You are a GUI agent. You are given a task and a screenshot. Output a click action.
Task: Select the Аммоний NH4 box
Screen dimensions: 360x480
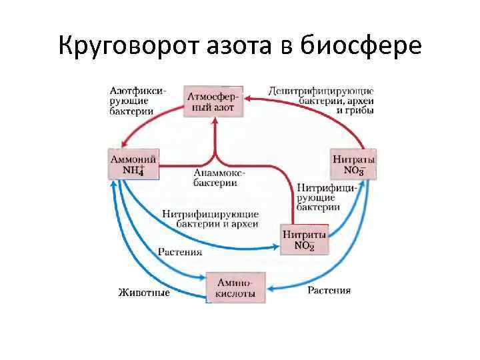(133, 164)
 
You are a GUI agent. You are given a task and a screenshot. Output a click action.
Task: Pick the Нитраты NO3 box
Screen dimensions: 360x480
(353, 164)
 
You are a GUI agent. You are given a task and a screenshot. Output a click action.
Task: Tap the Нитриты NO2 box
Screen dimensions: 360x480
(305, 240)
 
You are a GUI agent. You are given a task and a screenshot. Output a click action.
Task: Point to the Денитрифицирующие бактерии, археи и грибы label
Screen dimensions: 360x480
(321, 100)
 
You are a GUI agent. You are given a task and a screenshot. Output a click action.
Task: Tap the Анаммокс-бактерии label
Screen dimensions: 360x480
(216, 178)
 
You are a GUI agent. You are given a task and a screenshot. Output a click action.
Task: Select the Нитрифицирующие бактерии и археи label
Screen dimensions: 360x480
(210, 219)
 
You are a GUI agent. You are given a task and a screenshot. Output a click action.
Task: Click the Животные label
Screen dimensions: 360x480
(144, 292)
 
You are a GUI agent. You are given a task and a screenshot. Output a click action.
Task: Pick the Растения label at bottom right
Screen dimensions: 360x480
(329, 291)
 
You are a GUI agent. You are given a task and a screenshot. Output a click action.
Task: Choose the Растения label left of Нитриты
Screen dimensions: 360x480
(180, 253)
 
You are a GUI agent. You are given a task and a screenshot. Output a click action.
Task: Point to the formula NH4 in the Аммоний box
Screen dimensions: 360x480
(133, 171)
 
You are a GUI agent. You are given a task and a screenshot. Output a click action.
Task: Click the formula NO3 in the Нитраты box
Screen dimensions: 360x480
(353, 171)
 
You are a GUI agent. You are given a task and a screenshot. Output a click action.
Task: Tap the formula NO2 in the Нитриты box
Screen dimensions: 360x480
(304, 246)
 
